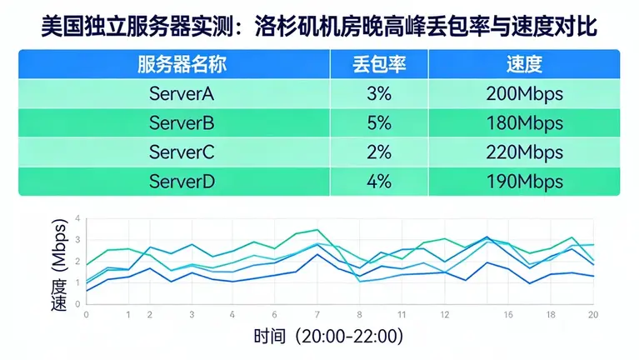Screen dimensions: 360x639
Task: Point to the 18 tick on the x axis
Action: coord(551,315)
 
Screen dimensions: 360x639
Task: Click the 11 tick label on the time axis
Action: coord(402,315)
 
